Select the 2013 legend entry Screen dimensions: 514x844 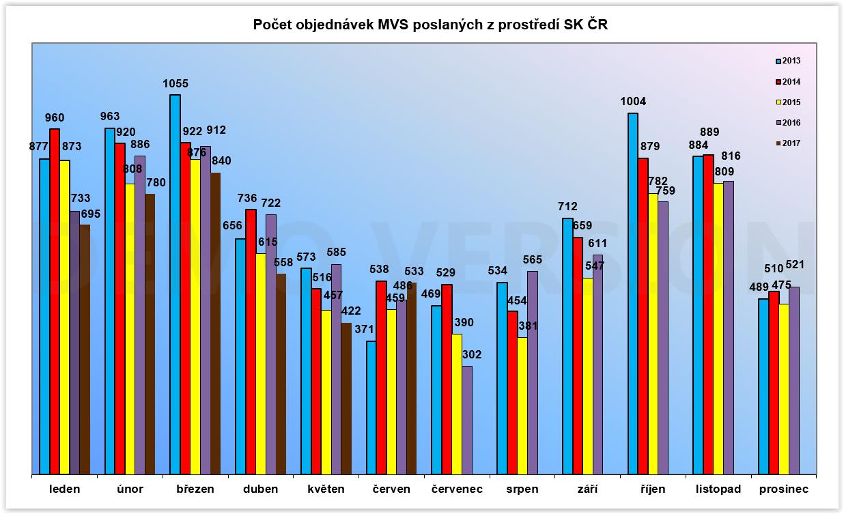pyautogui.click(x=788, y=61)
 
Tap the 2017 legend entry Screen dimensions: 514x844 pyautogui.click(x=788, y=143)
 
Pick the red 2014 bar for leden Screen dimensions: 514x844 pyautogui.click(x=55, y=300)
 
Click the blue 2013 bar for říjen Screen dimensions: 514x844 pyautogui.click(x=632, y=293)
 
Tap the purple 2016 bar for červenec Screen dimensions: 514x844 pyautogui.click(x=467, y=419)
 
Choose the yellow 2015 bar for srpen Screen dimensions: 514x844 pyautogui.click(x=522, y=405)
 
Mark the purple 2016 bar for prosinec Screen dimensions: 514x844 pyautogui.click(x=793, y=380)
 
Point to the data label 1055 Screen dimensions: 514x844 pyautogui.click(x=175, y=84)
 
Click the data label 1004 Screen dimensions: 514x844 pyautogui.click(x=633, y=102)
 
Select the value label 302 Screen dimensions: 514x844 pyautogui.click(x=472, y=354)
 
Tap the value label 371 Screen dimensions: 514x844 pyautogui.click(x=364, y=329)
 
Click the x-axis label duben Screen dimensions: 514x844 pyautogui.click(x=260, y=489)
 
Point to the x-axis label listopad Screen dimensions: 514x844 pyautogui.click(x=718, y=489)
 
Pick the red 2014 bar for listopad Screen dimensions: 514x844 pyautogui.click(x=708, y=314)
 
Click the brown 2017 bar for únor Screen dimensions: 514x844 pyautogui.click(x=150, y=334)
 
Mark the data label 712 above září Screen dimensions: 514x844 pyautogui.click(x=567, y=206)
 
